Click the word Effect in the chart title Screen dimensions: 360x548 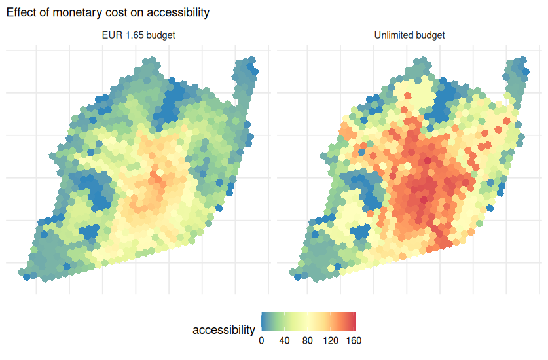20,12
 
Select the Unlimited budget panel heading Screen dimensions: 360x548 409,35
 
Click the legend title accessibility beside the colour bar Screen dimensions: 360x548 223,330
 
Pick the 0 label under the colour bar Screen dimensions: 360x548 261,340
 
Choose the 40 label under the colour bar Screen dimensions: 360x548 284,340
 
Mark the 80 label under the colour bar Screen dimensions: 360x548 308,340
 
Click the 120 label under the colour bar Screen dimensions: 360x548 331,340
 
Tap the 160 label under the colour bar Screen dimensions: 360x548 354,340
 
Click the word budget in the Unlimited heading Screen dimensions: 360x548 430,35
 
